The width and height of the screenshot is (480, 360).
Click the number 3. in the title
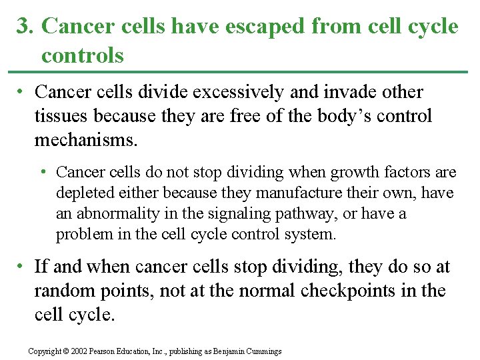click(25, 27)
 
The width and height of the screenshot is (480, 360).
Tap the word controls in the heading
click(83, 55)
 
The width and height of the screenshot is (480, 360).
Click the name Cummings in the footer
click(264, 351)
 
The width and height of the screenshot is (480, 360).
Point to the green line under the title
click(240, 71)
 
